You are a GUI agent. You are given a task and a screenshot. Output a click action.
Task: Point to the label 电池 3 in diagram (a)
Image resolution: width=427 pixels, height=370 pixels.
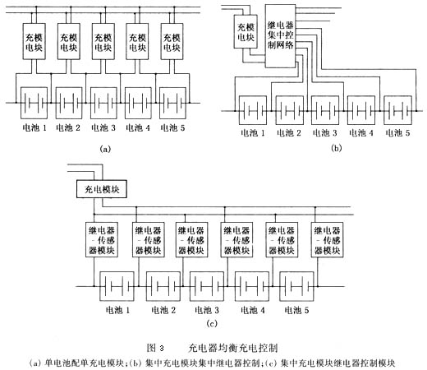tap(105, 128)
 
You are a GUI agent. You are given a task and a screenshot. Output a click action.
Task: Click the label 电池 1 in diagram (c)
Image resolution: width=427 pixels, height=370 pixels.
tap(117, 310)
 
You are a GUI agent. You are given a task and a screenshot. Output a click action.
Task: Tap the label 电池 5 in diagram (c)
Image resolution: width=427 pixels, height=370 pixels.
tap(297, 310)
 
